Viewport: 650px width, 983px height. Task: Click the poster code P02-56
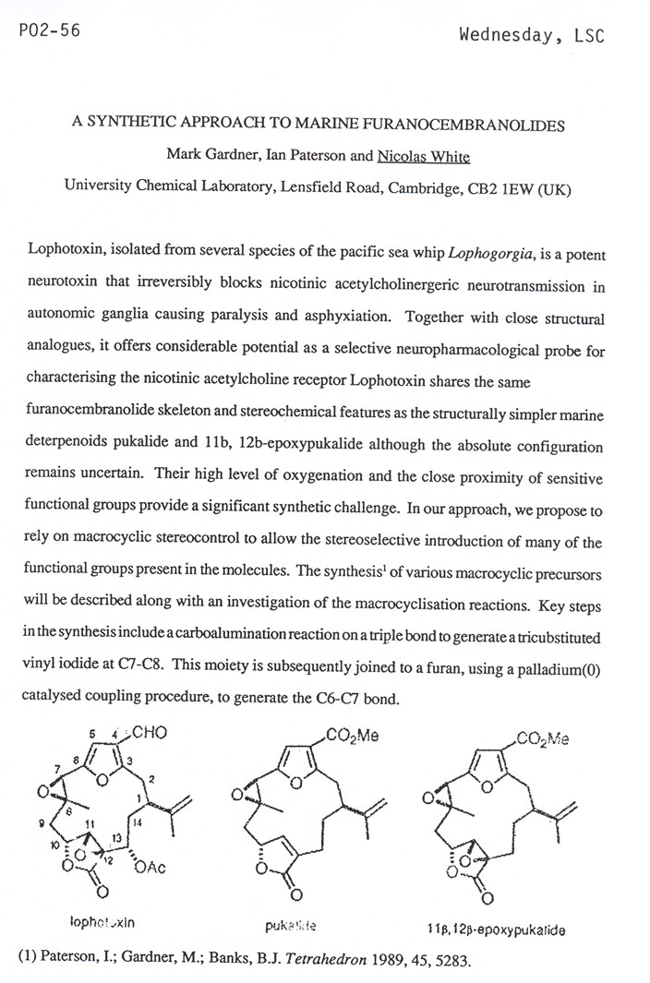pyautogui.click(x=49, y=30)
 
